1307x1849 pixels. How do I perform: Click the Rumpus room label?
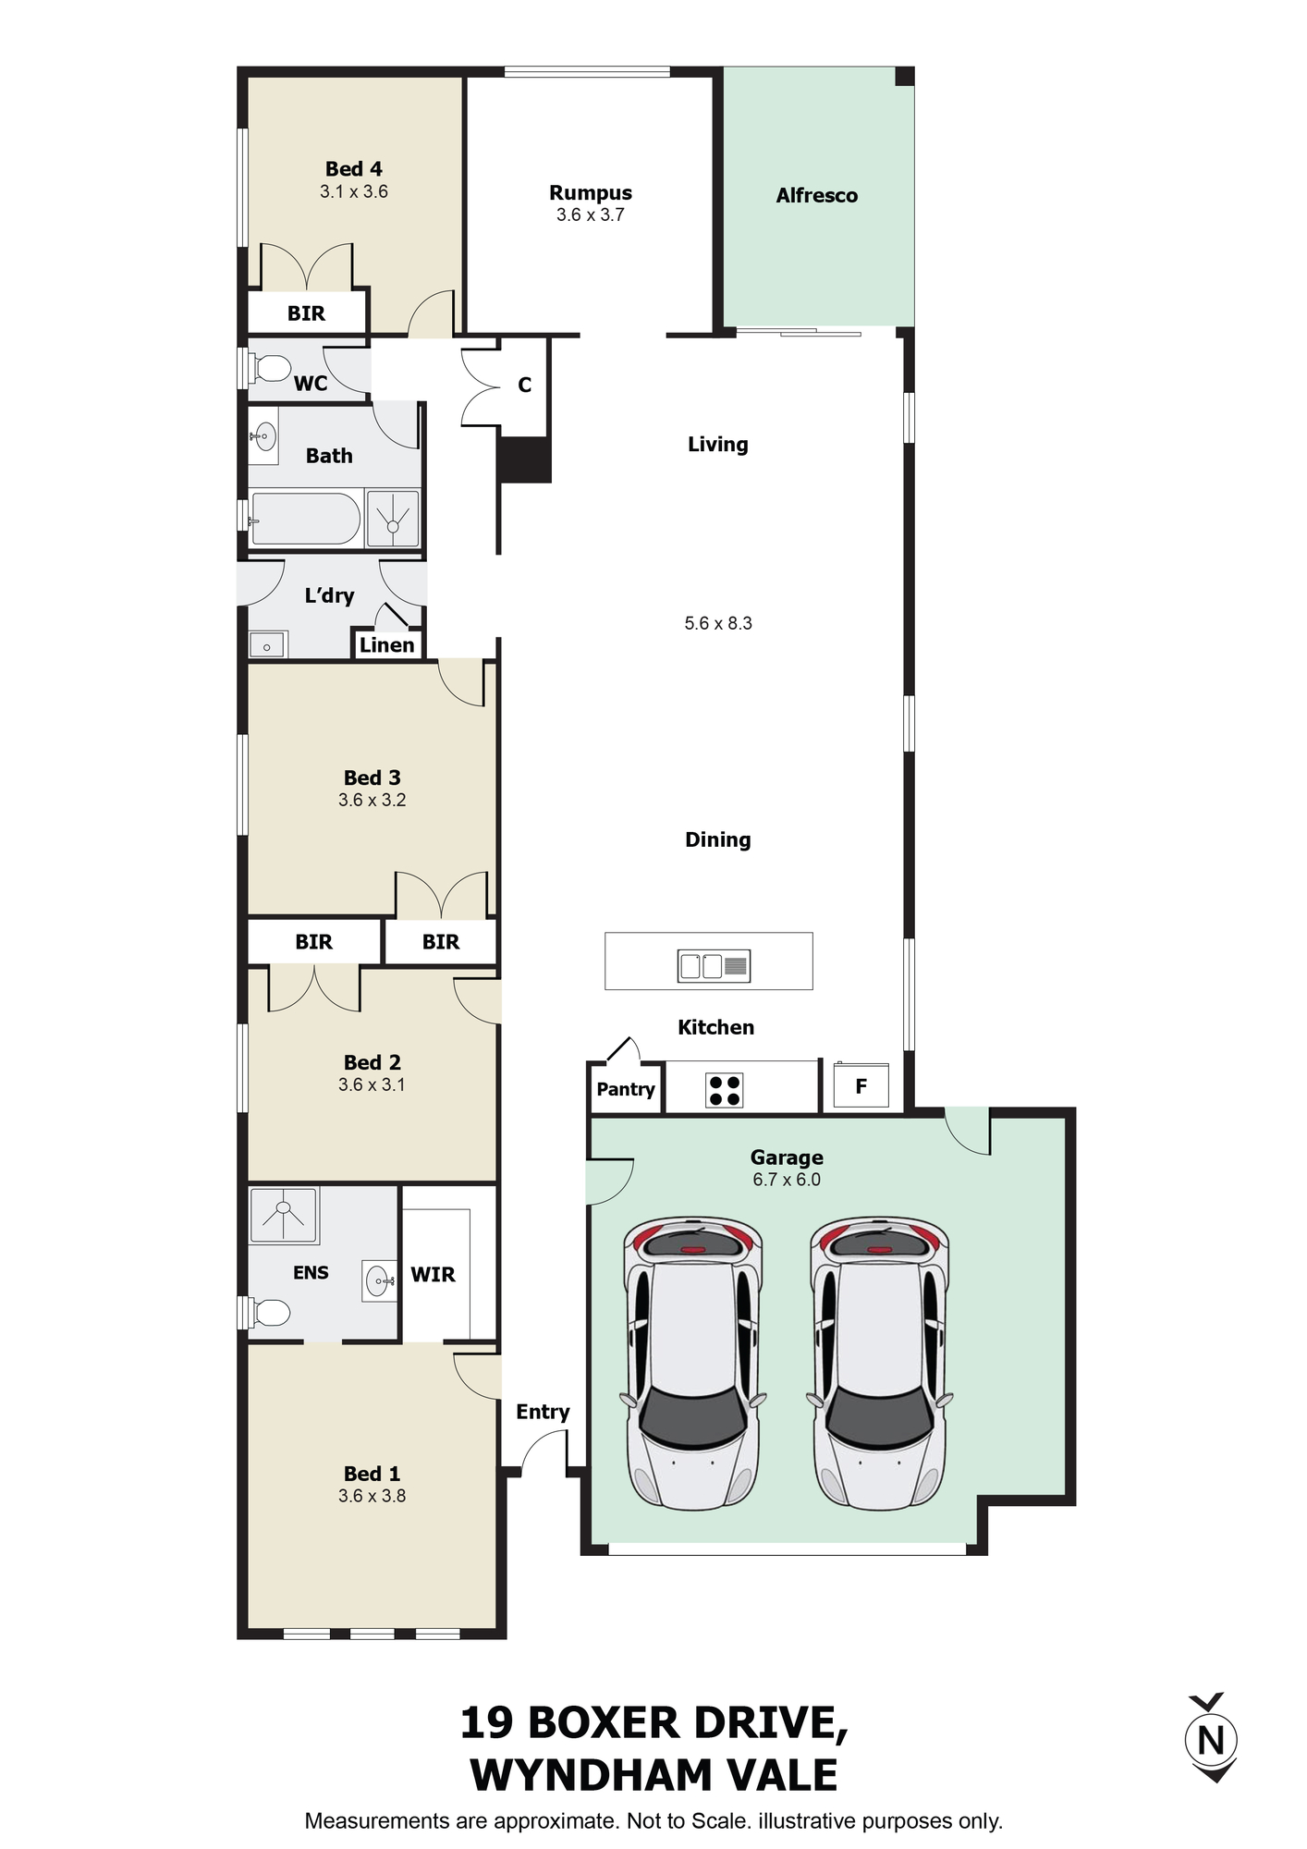click(591, 192)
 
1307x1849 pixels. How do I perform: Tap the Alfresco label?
click(817, 195)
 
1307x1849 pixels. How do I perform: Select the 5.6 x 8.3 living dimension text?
click(718, 623)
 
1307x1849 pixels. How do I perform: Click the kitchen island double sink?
click(714, 966)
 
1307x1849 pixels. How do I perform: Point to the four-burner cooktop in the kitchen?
click(724, 1090)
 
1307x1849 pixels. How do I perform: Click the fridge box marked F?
click(861, 1085)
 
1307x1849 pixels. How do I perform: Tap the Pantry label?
click(626, 1089)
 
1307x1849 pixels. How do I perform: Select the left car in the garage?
click(693, 1363)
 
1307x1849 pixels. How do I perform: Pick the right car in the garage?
click(880, 1363)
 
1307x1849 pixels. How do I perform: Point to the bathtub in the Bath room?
click(305, 519)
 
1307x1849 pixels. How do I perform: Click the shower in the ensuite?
click(284, 1215)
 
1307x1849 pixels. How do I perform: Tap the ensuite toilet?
click(268, 1312)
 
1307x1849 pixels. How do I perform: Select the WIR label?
click(433, 1275)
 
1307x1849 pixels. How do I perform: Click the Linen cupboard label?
click(386, 645)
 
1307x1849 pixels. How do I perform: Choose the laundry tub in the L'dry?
click(268, 644)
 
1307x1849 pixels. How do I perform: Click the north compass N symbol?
click(1211, 1739)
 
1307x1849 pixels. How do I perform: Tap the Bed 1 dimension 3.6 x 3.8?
click(372, 1496)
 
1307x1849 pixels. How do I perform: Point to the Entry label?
click(543, 1412)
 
